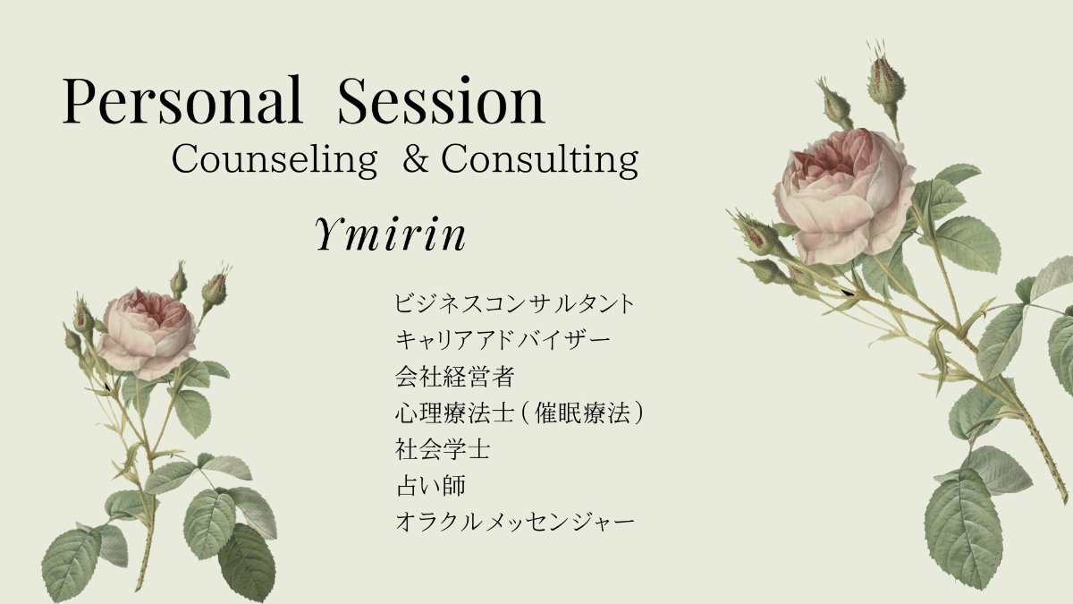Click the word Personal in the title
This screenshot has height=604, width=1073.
pos(182,99)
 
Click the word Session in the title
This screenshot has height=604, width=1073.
pos(441,99)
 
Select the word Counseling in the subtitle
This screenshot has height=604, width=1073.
pos(275,160)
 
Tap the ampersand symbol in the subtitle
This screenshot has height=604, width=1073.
pos(415,158)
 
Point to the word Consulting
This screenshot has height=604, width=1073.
pos(540,160)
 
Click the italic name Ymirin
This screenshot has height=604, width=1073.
pos(390,234)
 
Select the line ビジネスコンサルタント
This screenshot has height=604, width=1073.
pos(514,303)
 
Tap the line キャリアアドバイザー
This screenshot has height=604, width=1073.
pos(503,340)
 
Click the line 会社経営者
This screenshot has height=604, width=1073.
pos(454,377)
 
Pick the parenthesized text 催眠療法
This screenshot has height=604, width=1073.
pos(582,413)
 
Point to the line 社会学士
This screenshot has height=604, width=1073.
pos(443,449)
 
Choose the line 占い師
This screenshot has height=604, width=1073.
pos(431,486)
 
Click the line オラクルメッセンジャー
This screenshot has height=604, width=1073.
pos(514,522)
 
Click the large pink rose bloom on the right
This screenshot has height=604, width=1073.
pos(844,196)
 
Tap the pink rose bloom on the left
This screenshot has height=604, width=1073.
pos(148,333)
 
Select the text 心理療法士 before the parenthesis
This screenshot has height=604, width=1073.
pos(454,413)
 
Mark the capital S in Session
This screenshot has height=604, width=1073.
pos(356,99)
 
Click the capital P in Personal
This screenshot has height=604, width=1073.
pos(80,99)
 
